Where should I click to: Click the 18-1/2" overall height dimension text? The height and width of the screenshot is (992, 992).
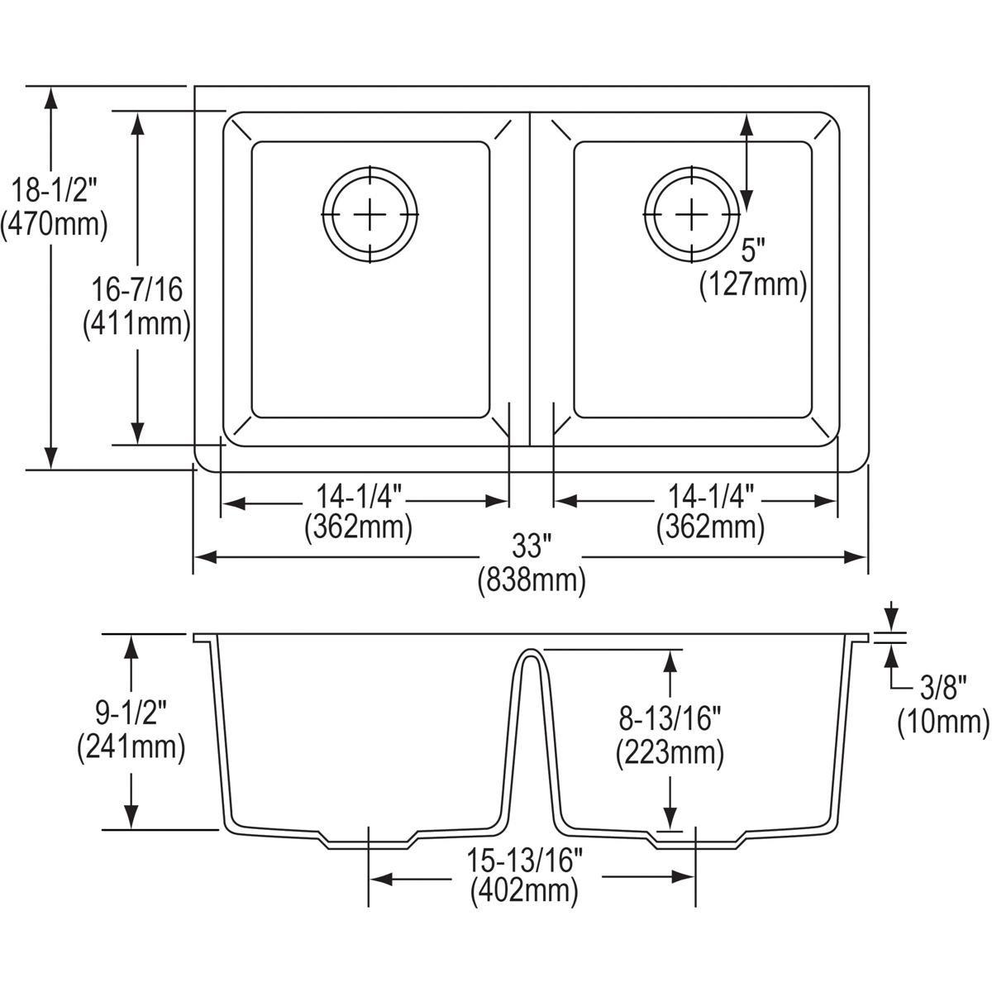click(x=54, y=192)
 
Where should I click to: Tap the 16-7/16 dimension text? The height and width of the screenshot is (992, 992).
click(x=138, y=290)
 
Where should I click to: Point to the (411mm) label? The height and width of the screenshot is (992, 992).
click(x=137, y=323)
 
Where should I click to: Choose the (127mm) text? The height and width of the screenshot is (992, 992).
click(x=752, y=284)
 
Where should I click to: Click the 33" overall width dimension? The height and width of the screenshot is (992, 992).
click(x=531, y=547)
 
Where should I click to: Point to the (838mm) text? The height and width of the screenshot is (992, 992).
click(x=531, y=580)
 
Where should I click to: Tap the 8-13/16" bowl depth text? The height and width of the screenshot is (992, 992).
click(x=670, y=718)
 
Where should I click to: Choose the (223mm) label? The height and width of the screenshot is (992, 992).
click(x=670, y=752)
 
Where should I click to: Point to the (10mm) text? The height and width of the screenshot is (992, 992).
click(x=943, y=722)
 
